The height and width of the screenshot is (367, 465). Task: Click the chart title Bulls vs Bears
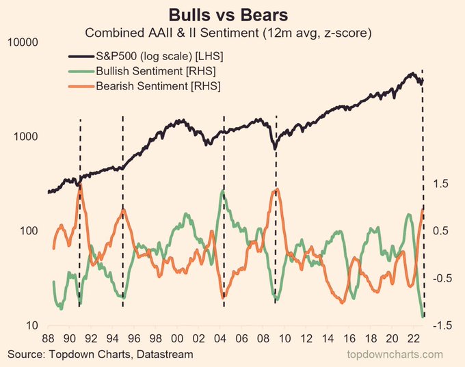tap(233, 14)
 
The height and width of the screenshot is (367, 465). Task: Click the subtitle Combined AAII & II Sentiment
tap(233, 32)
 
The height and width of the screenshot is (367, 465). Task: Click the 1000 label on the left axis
tap(25, 137)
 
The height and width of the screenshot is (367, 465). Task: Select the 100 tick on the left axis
tap(28, 231)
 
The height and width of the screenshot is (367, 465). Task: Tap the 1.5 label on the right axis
tap(441, 184)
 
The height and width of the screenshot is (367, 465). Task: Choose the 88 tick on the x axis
tap(48, 338)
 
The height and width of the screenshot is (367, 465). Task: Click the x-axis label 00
tap(177, 338)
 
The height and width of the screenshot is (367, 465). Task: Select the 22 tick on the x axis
tap(414, 338)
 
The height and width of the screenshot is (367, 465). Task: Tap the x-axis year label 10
tap(285, 338)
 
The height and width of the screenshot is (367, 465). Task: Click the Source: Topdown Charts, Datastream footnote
tap(101, 354)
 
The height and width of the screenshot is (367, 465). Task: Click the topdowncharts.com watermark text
tap(396, 354)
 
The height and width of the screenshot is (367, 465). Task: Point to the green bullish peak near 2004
tap(223, 192)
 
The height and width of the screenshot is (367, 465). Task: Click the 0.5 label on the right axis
tap(441, 231)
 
